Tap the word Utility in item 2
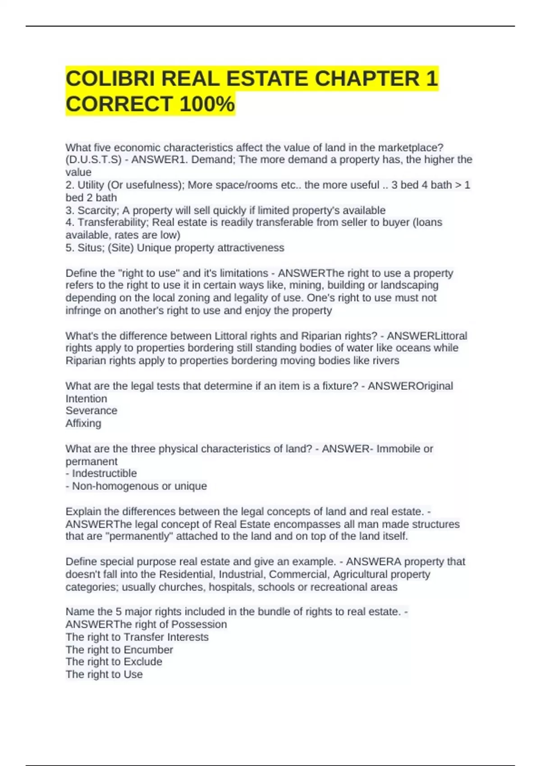pos(91,185)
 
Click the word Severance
pos(92,410)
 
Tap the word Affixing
pos(83,423)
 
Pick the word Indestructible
pos(104,474)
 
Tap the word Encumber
pos(148,650)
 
